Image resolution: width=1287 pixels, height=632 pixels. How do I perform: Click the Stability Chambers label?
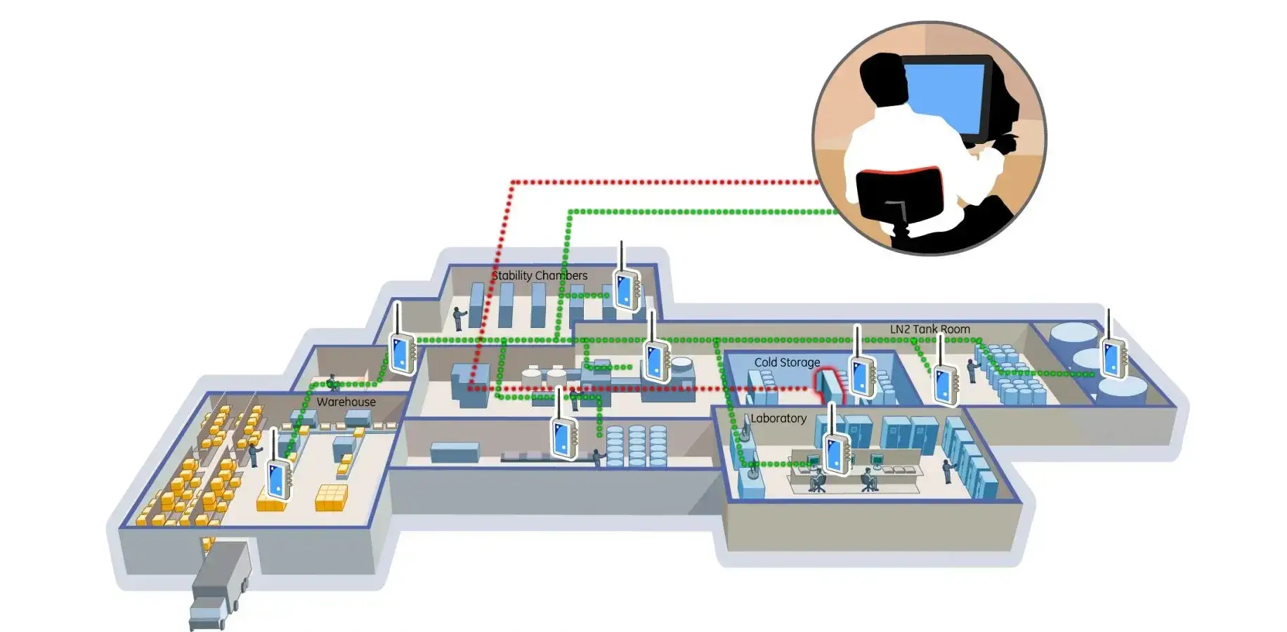(x=539, y=275)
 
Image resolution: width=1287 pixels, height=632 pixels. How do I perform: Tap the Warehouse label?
(x=346, y=402)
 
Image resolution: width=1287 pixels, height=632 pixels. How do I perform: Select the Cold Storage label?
(x=787, y=362)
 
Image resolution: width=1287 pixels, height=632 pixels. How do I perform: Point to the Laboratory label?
(x=778, y=419)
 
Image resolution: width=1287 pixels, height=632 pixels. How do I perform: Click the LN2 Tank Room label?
(x=929, y=329)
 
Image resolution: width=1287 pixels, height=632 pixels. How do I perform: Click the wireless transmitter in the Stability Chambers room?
(x=625, y=288)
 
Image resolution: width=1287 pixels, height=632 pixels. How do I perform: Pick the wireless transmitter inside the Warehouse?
(x=278, y=478)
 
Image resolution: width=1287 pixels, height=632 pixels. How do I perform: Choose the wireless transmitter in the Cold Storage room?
(x=861, y=375)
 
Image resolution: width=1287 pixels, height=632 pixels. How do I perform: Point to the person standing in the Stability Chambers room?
(x=458, y=318)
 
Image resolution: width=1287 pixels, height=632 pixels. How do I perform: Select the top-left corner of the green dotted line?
(x=570, y=211)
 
